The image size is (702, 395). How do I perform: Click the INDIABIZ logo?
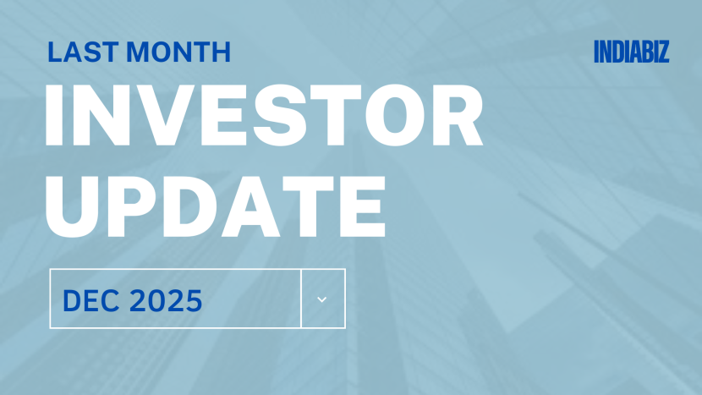tap(631, 52)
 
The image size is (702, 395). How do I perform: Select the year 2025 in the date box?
tap(165, 299)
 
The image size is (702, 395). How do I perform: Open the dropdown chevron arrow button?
tap(322, 299)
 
